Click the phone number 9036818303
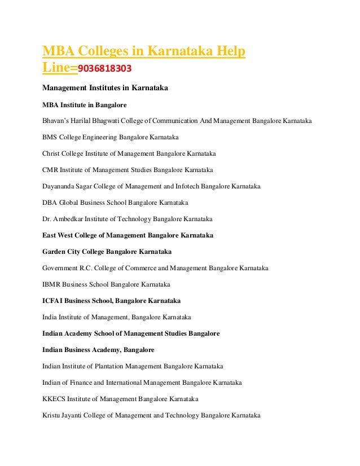(x=105, y=69)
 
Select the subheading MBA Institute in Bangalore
(x=85, y=104)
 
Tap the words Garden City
(x=64, y=251)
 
